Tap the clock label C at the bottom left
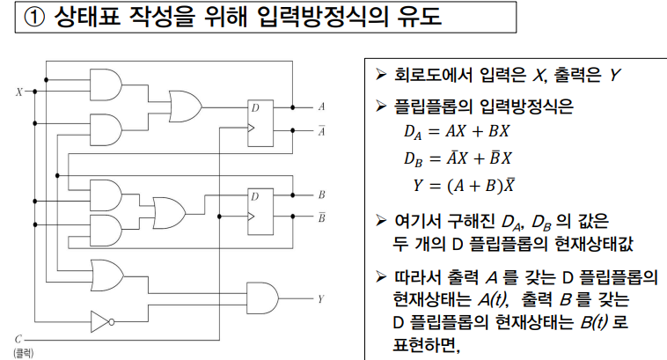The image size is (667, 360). click(x=18, y=337)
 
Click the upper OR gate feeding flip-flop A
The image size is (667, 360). click(x=184, y=107)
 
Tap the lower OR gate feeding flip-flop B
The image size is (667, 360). click(x=168, y=216)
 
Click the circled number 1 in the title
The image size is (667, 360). click(x=36, y=18)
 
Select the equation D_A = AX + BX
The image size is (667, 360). click(x=457, y=133)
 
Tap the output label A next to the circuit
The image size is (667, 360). click(x=320, y=107)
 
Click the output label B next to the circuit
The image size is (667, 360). click(x=320, y=194)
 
